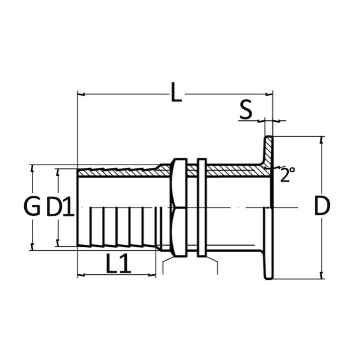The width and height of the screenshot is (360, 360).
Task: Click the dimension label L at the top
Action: click(176, 92)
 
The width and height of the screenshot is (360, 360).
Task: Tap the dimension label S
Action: click(246, 110)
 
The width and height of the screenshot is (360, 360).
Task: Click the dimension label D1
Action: click(60, 207)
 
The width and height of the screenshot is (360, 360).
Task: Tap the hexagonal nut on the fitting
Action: click(179, 207)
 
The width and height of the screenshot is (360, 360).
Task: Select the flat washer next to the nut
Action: click(202, 208)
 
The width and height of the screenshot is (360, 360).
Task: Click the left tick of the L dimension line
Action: click(81, 94)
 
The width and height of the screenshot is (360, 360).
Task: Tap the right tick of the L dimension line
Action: click(269, 94)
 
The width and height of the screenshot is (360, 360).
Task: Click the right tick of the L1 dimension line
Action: click(152, 274)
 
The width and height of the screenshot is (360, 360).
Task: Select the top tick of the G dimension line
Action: click(32, 168)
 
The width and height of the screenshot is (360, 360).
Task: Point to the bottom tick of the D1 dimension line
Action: click(58, 243)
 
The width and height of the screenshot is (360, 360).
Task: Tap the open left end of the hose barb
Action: click(78, 207)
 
